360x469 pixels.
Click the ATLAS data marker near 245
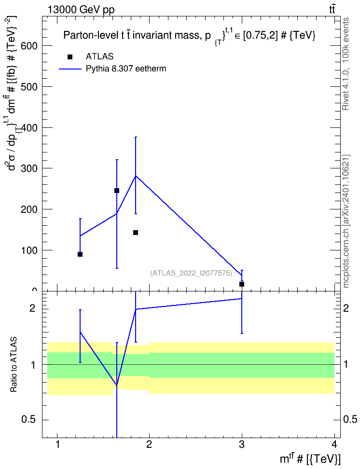[117, 191]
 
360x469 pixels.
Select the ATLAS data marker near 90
[80, 254]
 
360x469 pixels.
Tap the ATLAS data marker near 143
[136, 233]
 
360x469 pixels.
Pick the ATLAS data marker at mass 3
[242, 284]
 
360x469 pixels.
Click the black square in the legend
[70, 57]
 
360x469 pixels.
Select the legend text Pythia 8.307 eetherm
[125, 69]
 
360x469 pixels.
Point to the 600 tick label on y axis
[29, 46]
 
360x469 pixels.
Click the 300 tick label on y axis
[29, 168]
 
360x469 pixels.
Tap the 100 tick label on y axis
[29, 250]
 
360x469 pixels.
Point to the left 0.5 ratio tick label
[29, 420]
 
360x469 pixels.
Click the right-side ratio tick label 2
[346, 308]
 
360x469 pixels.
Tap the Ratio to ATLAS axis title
[14, 365]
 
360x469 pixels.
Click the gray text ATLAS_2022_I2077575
[191, 273]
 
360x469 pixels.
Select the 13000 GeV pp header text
[81, 10]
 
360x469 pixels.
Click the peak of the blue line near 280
[136, 176]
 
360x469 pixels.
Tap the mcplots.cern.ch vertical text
[346, 221]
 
